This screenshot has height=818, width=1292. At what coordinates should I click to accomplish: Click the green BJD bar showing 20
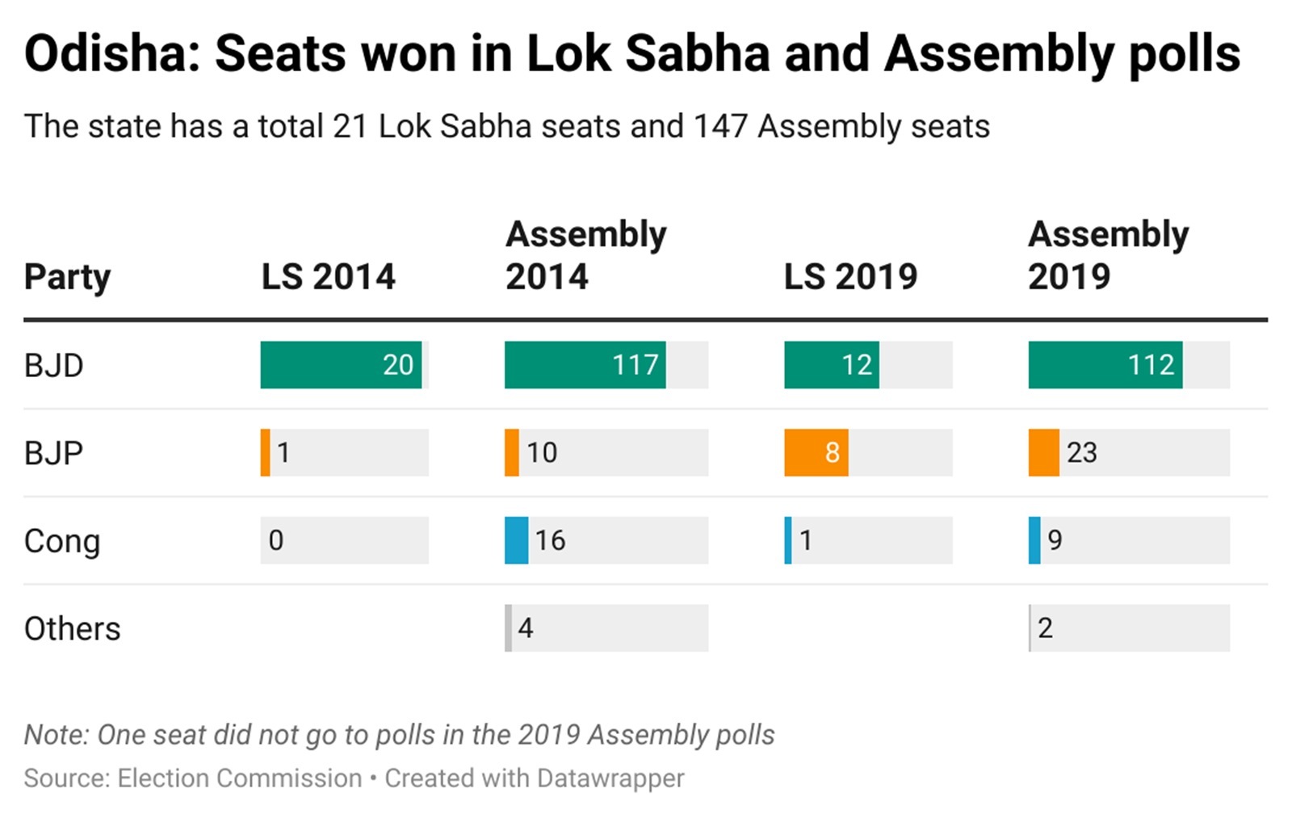click(341, 365)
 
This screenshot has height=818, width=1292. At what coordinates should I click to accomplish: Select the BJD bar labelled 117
click(585, 365)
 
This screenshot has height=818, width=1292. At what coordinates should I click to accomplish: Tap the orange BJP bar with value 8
click(816, 452)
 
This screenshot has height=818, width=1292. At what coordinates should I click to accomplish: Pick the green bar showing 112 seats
click(1105, 365)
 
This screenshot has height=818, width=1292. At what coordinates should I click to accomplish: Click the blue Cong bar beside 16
click(516, 540)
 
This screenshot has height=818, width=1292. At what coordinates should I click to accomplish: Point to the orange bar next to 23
click(1043, 452)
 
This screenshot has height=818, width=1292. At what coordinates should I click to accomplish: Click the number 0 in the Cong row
click(276, 540)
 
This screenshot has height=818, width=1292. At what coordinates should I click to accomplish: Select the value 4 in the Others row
click(526, 627)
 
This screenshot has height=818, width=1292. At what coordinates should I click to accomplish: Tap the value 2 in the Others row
click(1045, 627)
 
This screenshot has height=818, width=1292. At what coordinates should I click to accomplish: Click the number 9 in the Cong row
click(1055, 540)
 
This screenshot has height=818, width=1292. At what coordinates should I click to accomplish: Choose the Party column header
click(67, 277)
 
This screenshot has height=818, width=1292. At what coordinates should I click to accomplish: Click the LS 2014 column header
click(328, 277)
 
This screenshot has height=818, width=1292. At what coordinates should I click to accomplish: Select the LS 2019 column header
click(850, 277)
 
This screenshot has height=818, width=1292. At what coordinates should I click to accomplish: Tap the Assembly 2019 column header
click(1108, 255)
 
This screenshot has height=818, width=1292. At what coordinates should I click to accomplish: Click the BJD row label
click(53, 366)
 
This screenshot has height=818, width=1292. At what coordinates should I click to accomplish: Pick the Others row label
click(72, 628)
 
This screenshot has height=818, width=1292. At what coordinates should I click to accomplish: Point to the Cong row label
click(61, 541)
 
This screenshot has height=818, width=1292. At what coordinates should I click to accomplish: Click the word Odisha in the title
click(112, 54)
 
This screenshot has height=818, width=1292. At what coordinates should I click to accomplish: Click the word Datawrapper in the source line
click(610, 778)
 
